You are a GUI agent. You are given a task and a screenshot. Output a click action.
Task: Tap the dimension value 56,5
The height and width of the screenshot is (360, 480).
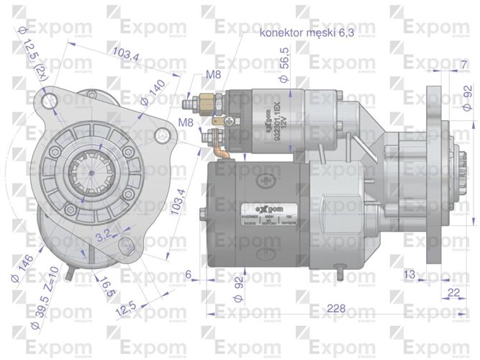(286, 58)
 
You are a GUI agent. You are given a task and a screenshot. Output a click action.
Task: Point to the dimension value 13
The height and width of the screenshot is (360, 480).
(409, 274)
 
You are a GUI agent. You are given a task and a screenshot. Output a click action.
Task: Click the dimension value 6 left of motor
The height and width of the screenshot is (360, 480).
(188, 274)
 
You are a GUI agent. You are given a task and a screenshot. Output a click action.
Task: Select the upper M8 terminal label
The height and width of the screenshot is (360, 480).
(213, 75)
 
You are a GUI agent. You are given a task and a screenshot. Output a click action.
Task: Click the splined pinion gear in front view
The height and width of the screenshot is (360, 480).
(89, 174)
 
